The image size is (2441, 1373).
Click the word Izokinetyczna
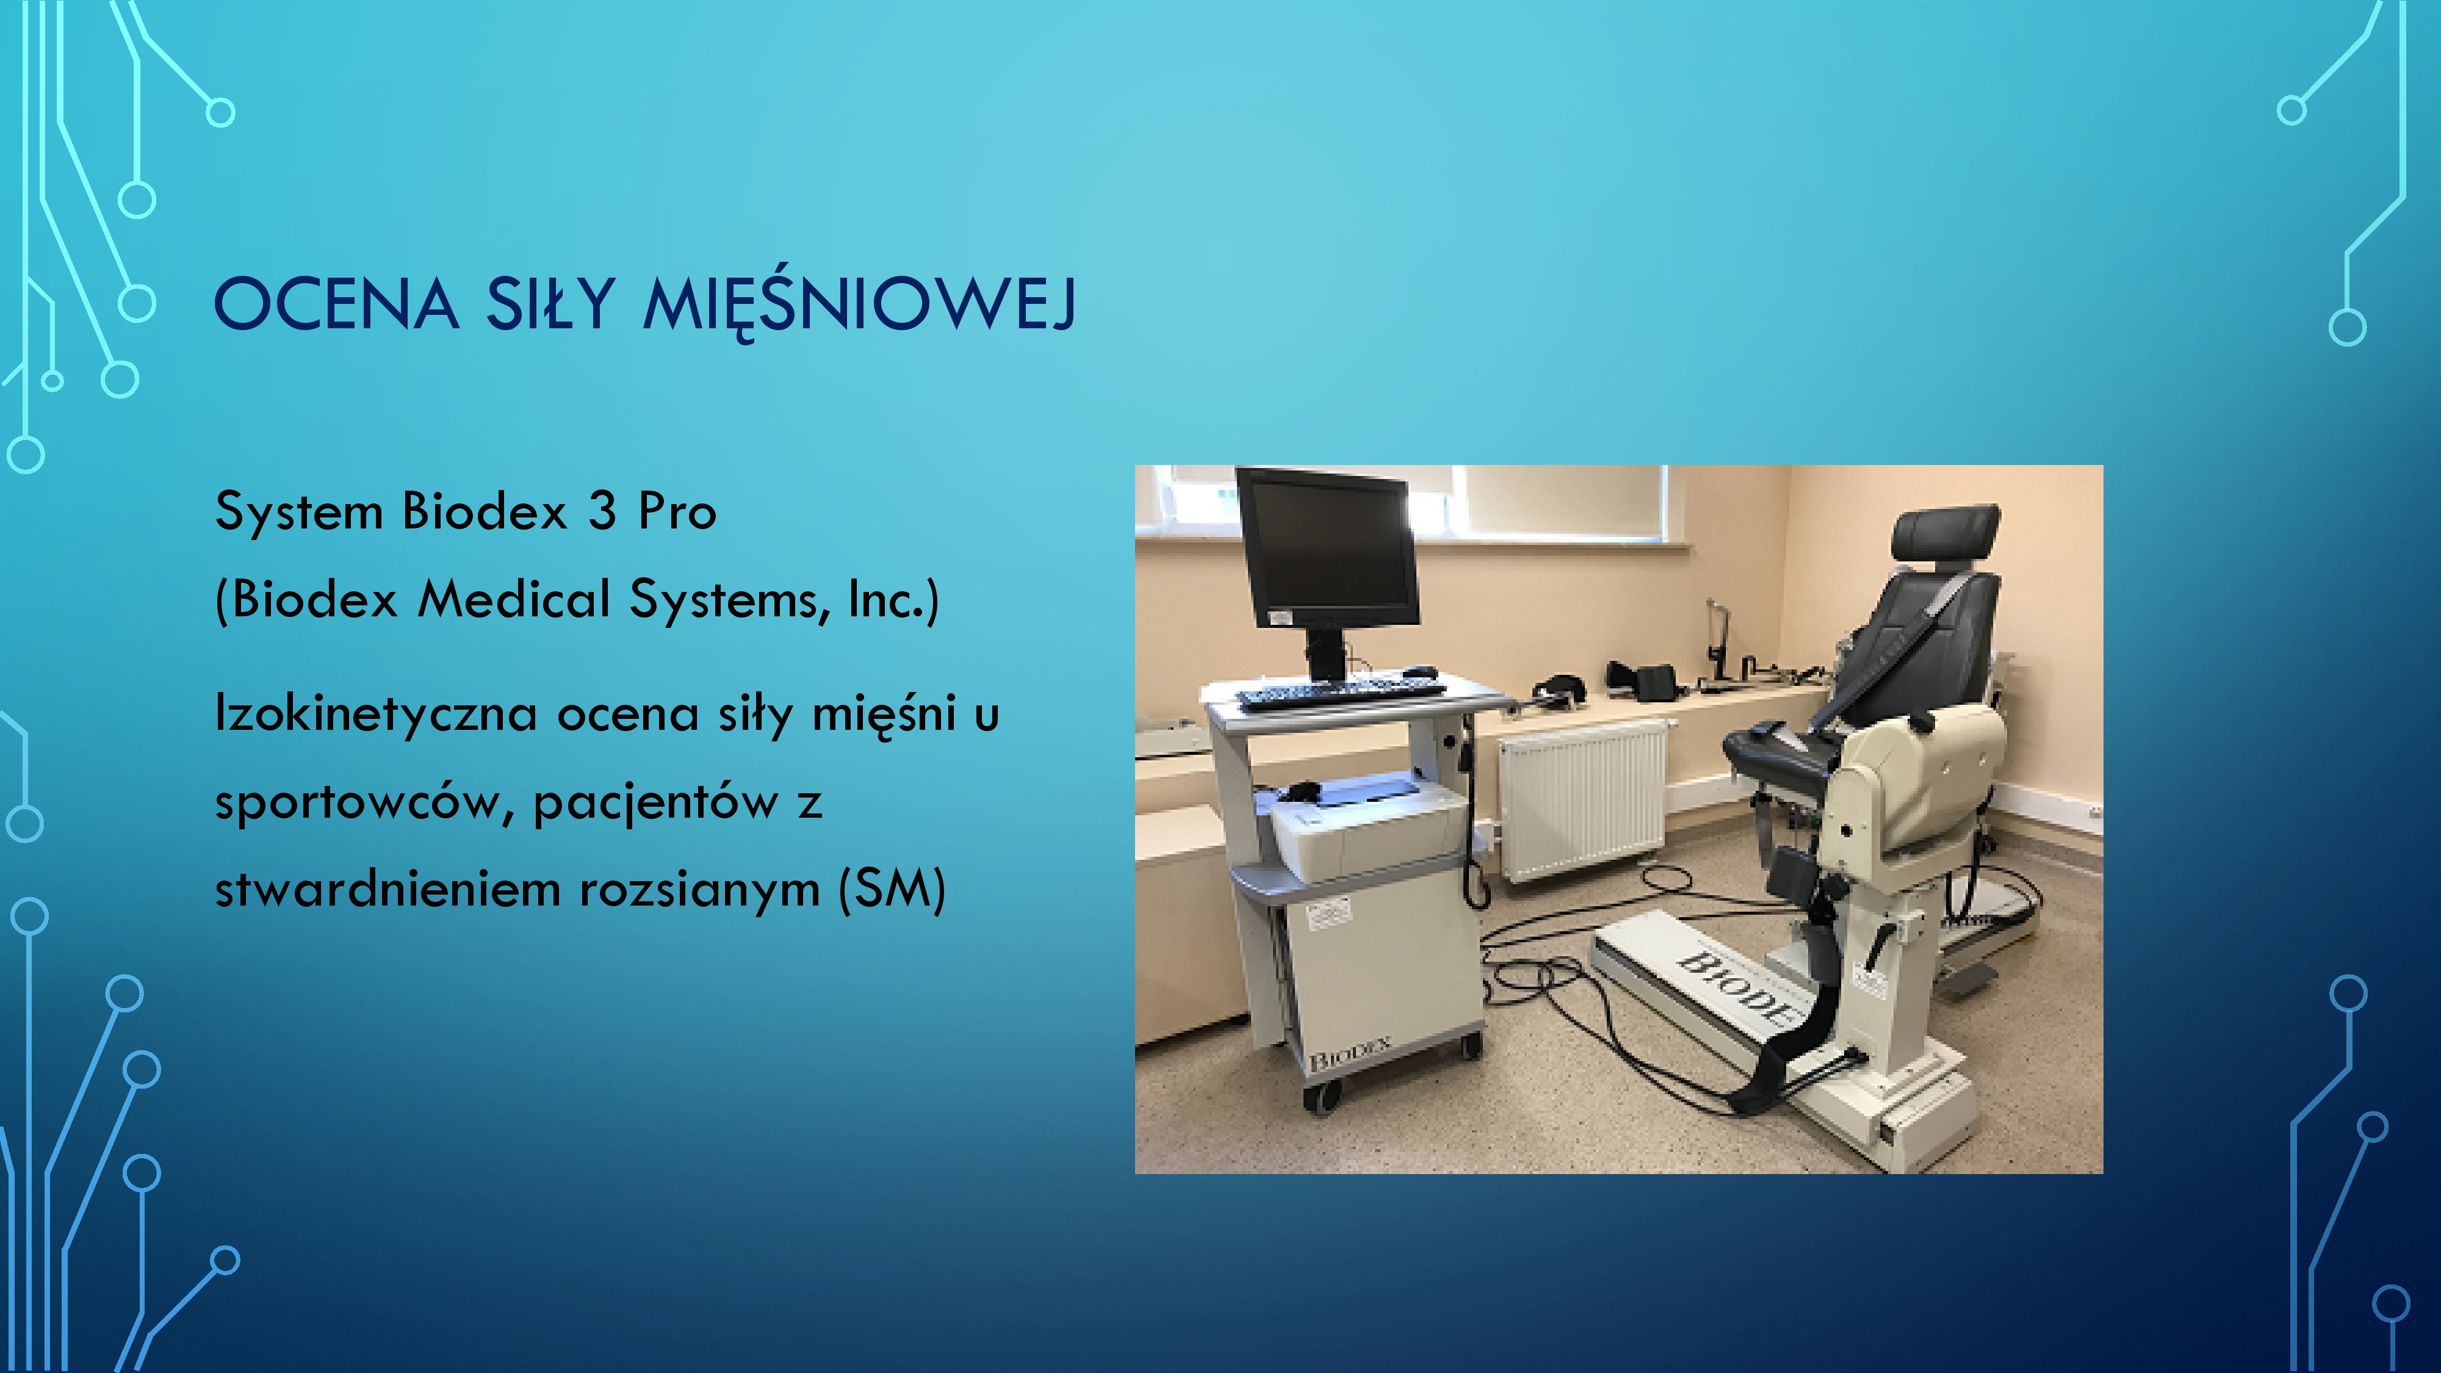pyautogui.click(x=376, y=713)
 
